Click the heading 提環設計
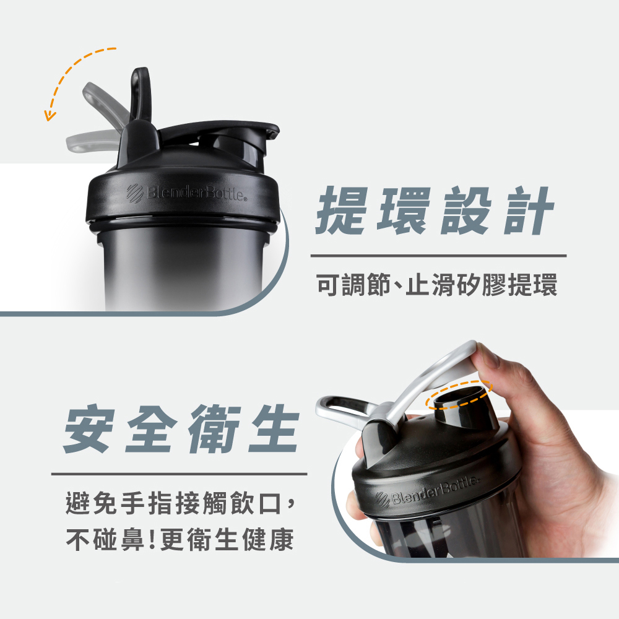[x=435, y=211]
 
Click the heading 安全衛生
[x=181, y=429]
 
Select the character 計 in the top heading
[x=529, y=211]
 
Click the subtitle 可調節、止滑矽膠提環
[x=437, y=285]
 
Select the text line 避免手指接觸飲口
[x=174, y=503]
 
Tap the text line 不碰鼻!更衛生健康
[x=180, y=539]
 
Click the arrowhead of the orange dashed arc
[x=49, y=116]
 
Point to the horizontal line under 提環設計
[x=439, y=256]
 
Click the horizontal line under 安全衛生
[x=180, y=474]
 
